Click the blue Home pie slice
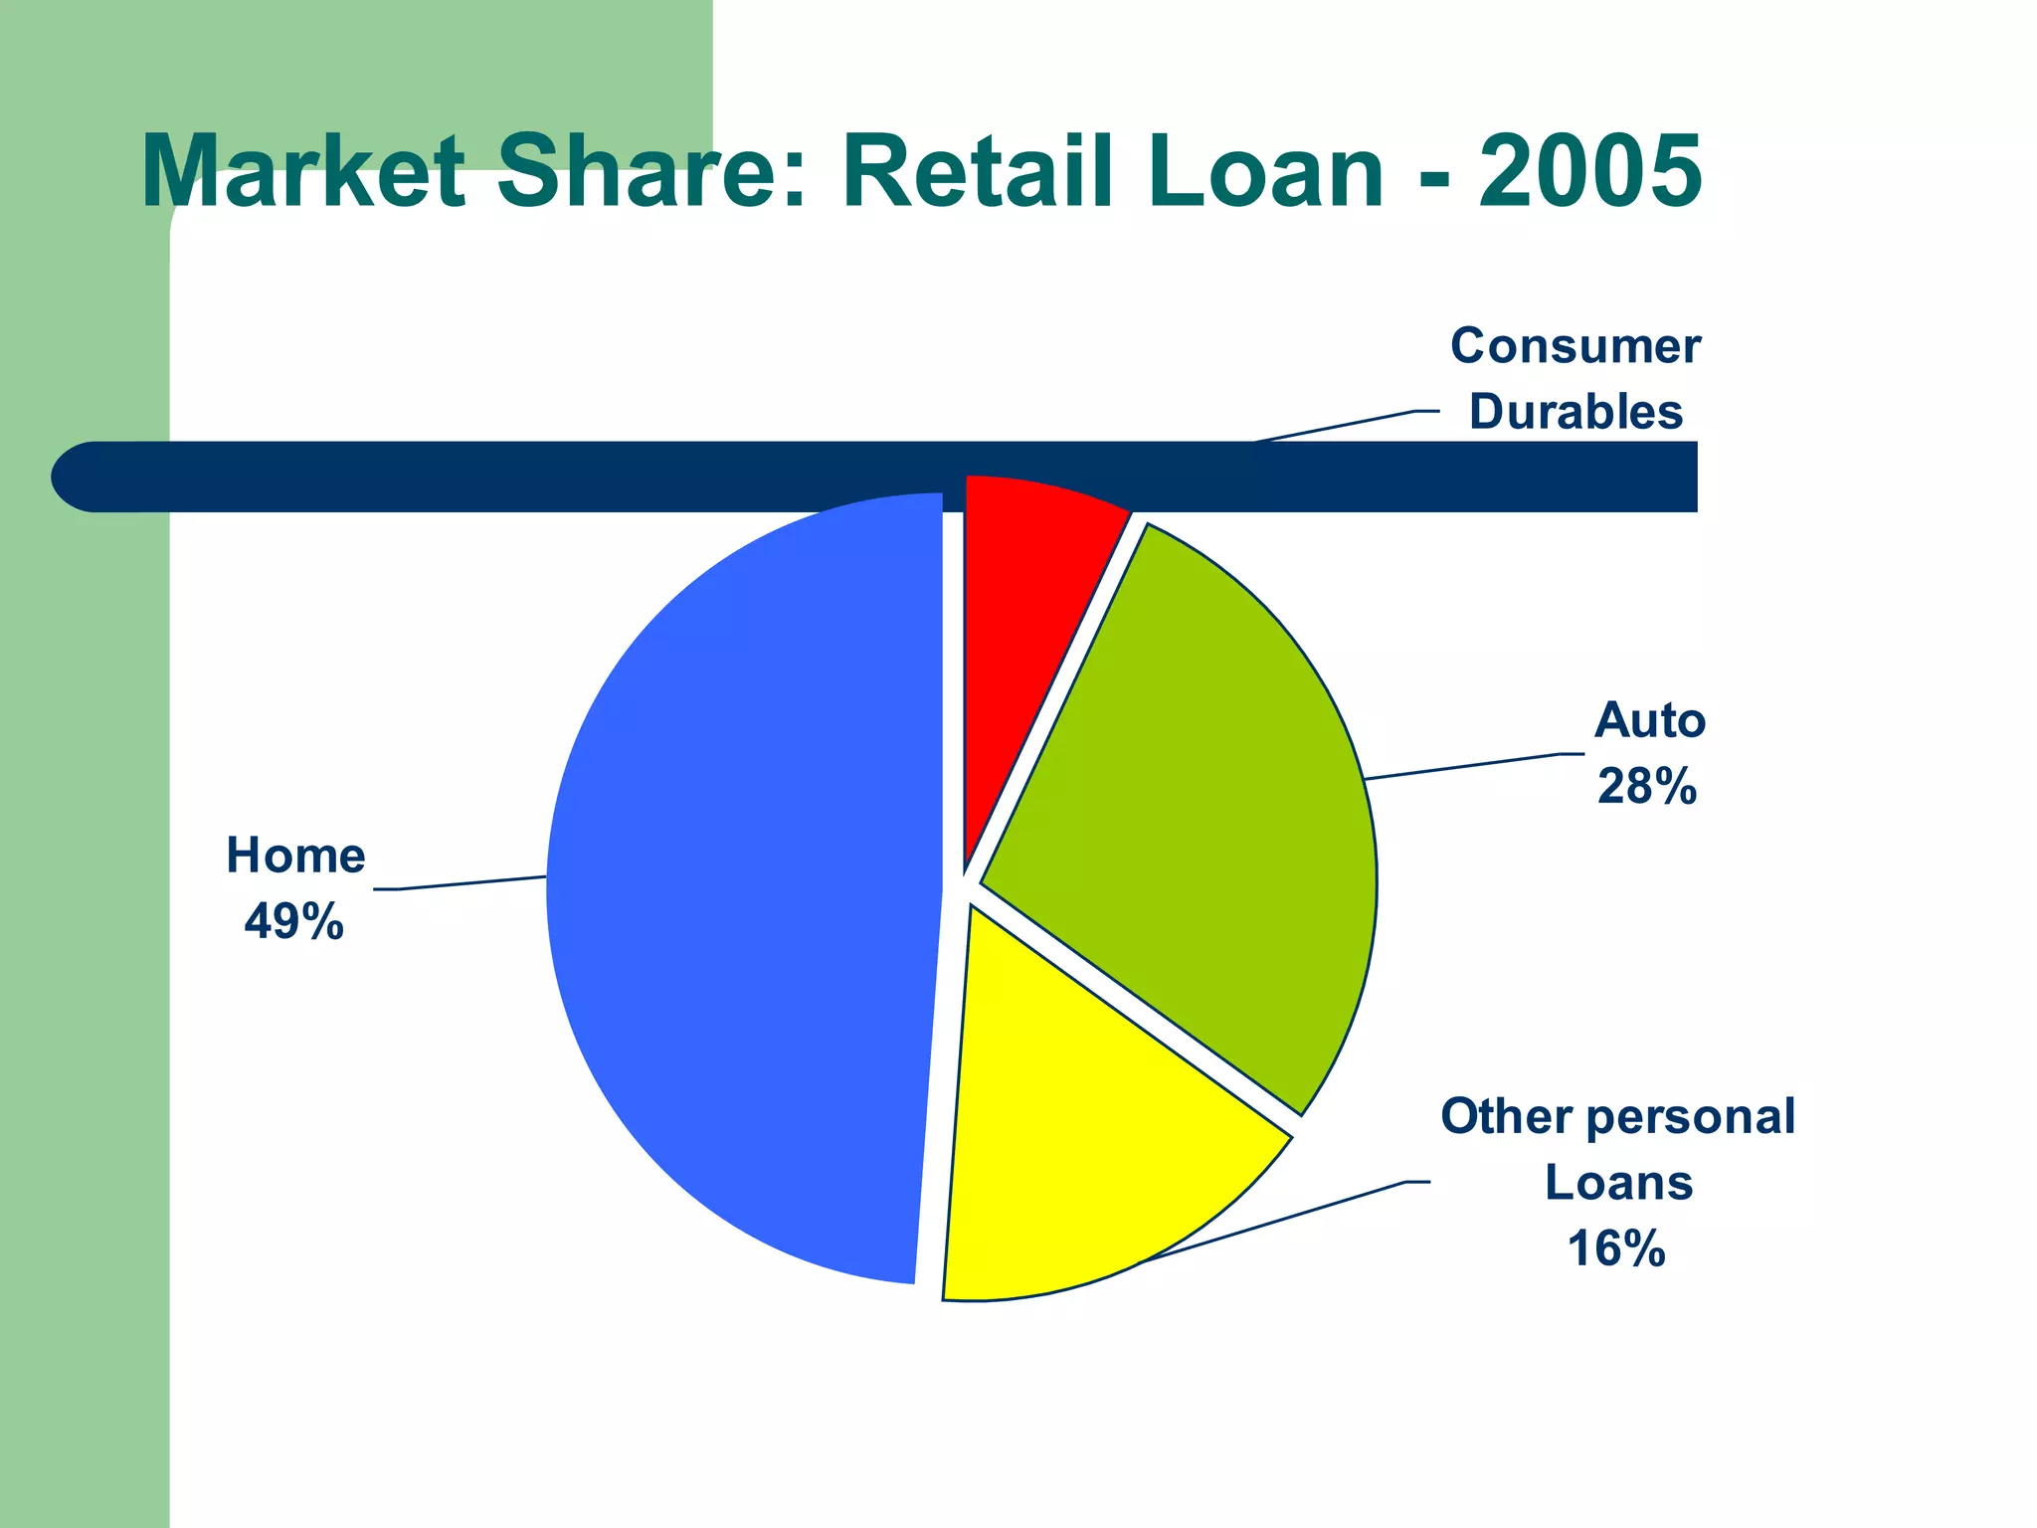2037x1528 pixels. (x=746, y=895)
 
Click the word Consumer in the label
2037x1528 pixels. (x=1575, y=346)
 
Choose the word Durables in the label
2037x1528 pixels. (x=1575, y=412)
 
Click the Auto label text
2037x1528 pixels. (x=1650, y=720)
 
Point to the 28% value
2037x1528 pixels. (x=1647, y=786)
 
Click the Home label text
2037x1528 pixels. (x=295, y=856)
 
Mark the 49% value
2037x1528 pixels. (x=293, y=921)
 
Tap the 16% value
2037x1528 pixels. (x=1616, y=1248)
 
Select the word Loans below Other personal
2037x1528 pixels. (x=1618, y=1183)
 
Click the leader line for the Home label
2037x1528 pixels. (x=467, y=883)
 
